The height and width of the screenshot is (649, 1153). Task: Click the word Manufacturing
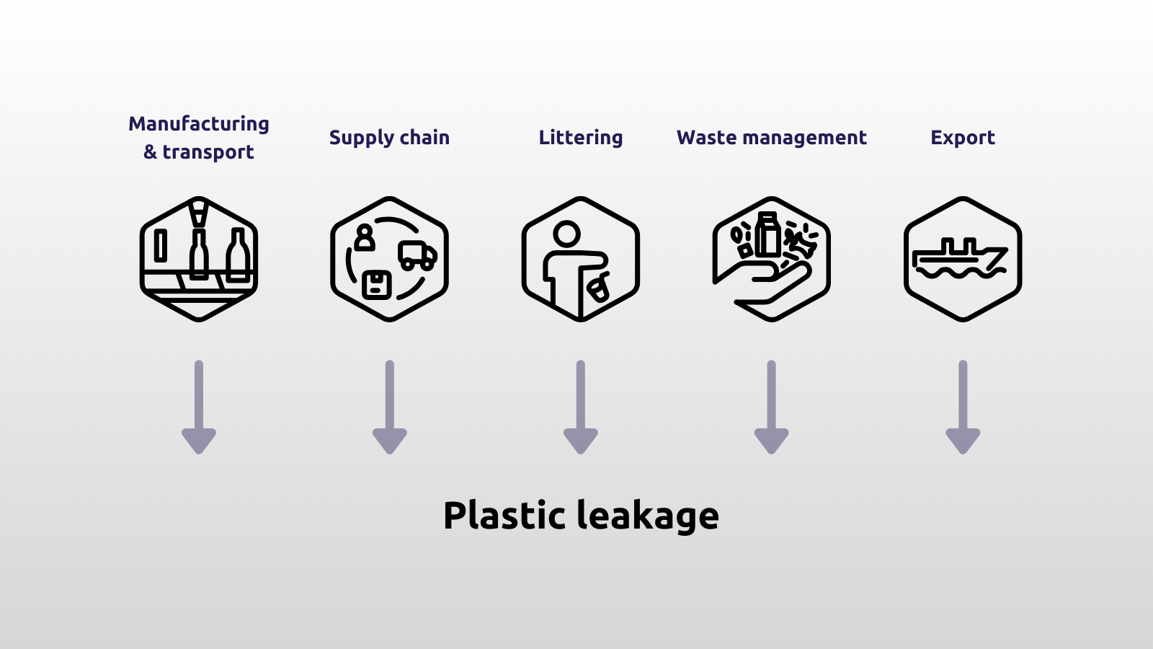tap(199, 124)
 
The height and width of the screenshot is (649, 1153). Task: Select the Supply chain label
tap(389, 138)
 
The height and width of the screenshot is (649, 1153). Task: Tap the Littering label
tap(581, 138)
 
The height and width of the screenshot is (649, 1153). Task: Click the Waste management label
tap(772, 138)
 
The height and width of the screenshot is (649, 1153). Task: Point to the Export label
tap(963, 138)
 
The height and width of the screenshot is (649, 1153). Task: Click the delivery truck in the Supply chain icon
tap(417, 255)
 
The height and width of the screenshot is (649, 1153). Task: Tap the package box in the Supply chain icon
tap(376, 285)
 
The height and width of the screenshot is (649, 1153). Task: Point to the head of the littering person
tap(566, 234)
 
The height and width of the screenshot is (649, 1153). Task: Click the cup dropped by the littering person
tap(599, 289)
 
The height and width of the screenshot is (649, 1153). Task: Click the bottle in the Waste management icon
tap(768, 234)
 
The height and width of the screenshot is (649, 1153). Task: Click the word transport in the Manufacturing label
tap(208, 152)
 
